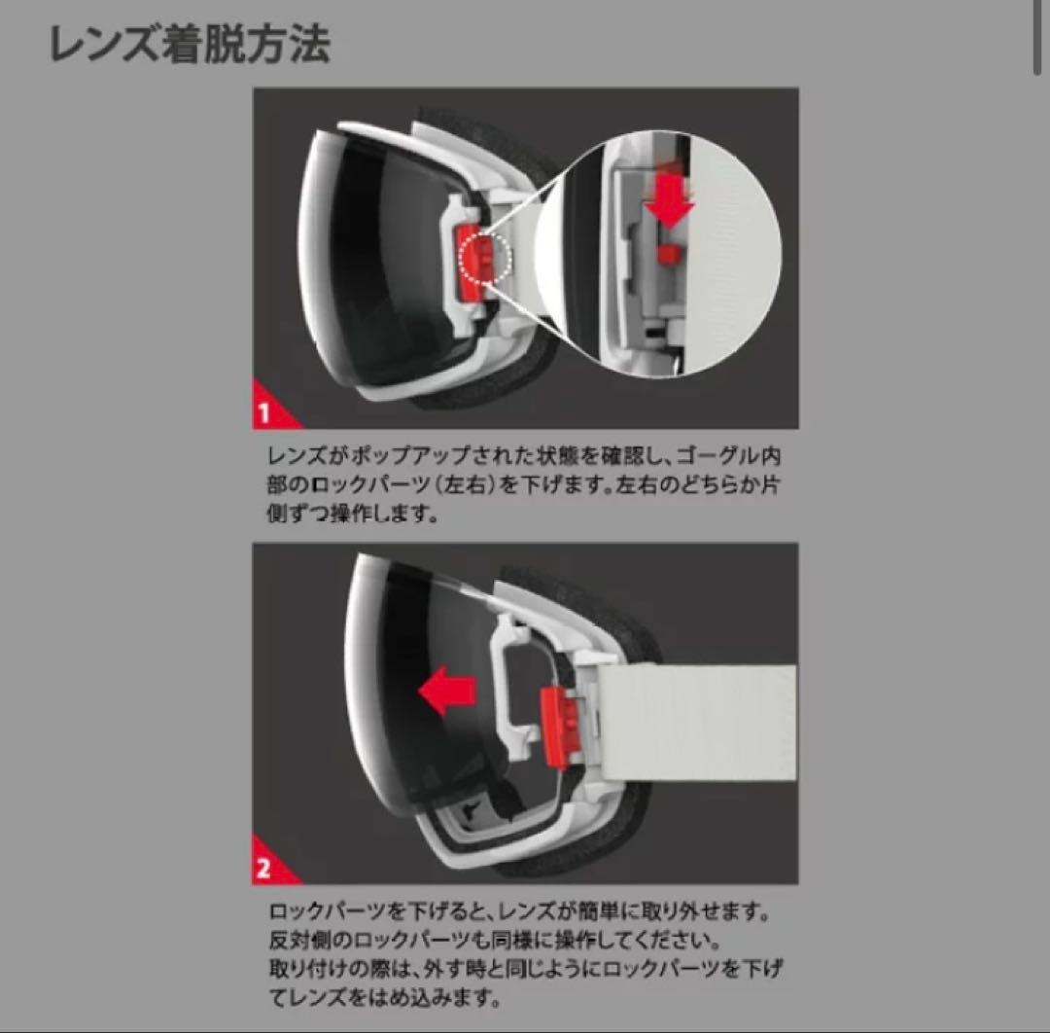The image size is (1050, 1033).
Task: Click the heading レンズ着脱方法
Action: tap(190, 45)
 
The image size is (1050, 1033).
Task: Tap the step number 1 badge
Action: tap(264, 413)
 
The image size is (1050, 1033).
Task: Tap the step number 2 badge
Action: tap(264, 869)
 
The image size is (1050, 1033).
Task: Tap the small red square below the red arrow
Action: tap(668, 253)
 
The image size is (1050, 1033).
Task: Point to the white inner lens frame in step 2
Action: tap(511, 671)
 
